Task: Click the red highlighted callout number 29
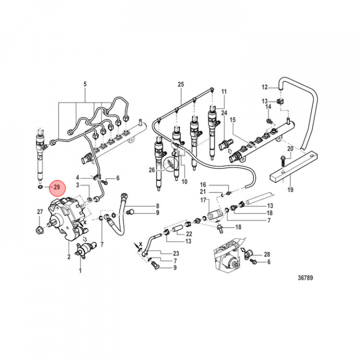click(56, 187)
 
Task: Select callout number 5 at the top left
click(84, 83)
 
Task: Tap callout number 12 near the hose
click(265, 87)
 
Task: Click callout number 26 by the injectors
click(152, 169)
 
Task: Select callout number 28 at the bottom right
click(267, 254)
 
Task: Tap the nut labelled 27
click(39, 230)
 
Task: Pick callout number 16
click(203, 184)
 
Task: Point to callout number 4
click(77, 177)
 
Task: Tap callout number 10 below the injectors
click(184, 180)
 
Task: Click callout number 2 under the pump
click(68, 257)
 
